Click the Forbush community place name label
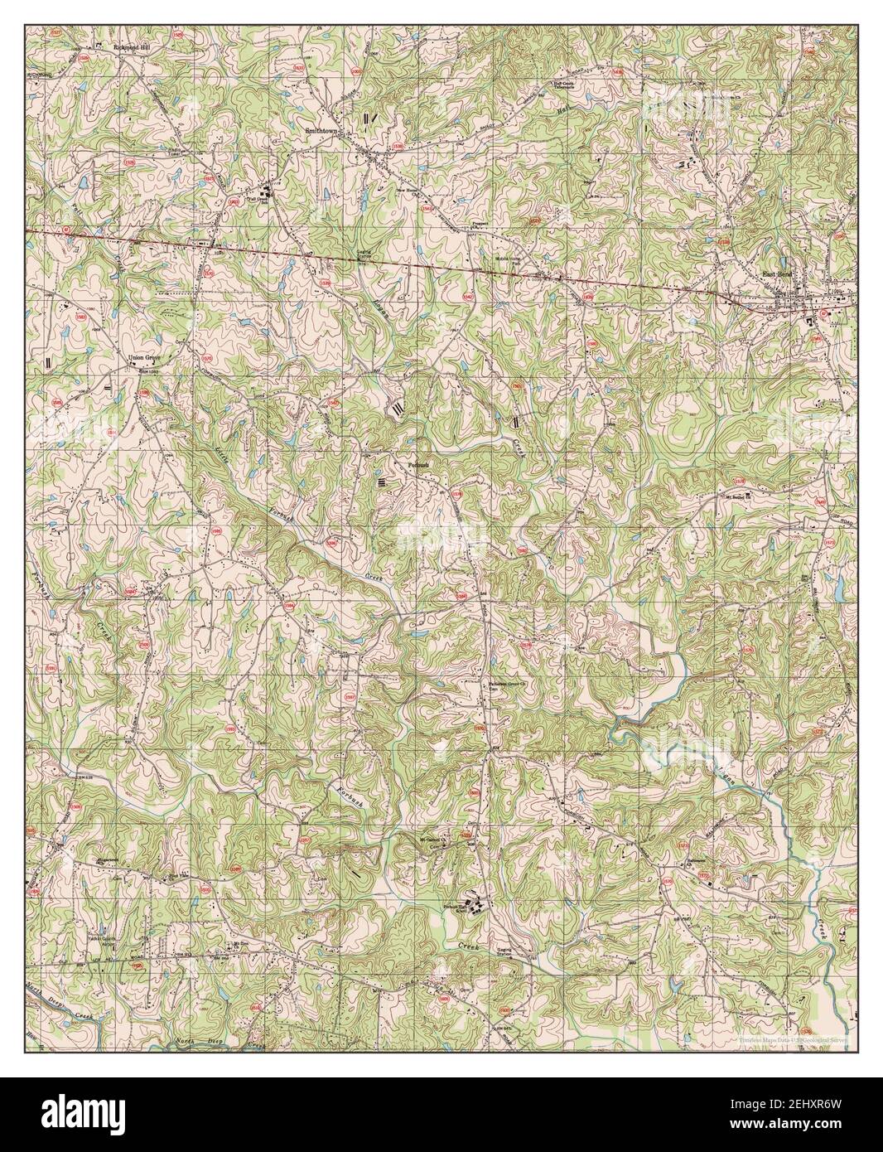(x=420, y=465)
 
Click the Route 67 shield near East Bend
(x=823, y=313)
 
